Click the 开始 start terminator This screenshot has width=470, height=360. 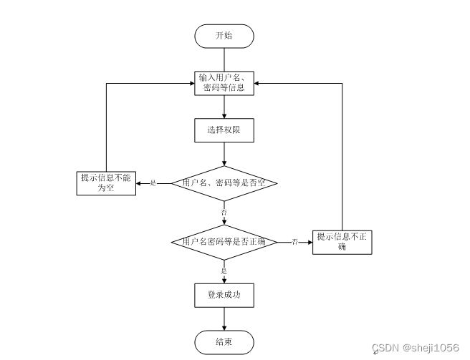point(224,36)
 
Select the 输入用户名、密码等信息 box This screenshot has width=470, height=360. point(224,82)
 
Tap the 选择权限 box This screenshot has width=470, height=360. point(224,130)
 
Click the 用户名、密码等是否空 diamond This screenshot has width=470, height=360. point(224,183)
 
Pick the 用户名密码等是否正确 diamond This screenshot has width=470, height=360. point(224,242)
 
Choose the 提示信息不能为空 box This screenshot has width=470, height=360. point(106,183)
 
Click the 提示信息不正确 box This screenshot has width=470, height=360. point(342,242)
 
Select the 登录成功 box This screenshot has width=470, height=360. point(224,294)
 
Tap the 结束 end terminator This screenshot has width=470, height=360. point(224,341)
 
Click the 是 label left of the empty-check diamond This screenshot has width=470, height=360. point(153,184)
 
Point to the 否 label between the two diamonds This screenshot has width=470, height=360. point(224,213)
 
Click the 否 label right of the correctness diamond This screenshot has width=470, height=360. point(294,243)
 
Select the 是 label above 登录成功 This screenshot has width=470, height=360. point(224,271)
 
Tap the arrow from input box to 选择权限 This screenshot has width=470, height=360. point(224,107)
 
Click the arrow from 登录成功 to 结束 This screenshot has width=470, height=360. point(224,318)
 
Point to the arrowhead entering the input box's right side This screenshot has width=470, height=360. point(258,83)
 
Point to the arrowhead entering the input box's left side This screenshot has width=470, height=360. point(190,83)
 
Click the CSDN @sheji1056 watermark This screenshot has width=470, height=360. point(416,348)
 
